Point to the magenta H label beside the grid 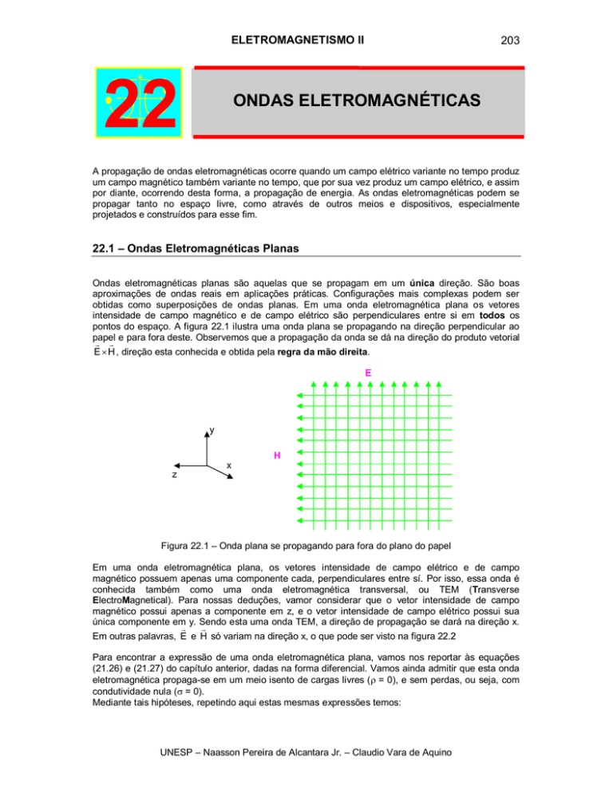coord(276,456)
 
